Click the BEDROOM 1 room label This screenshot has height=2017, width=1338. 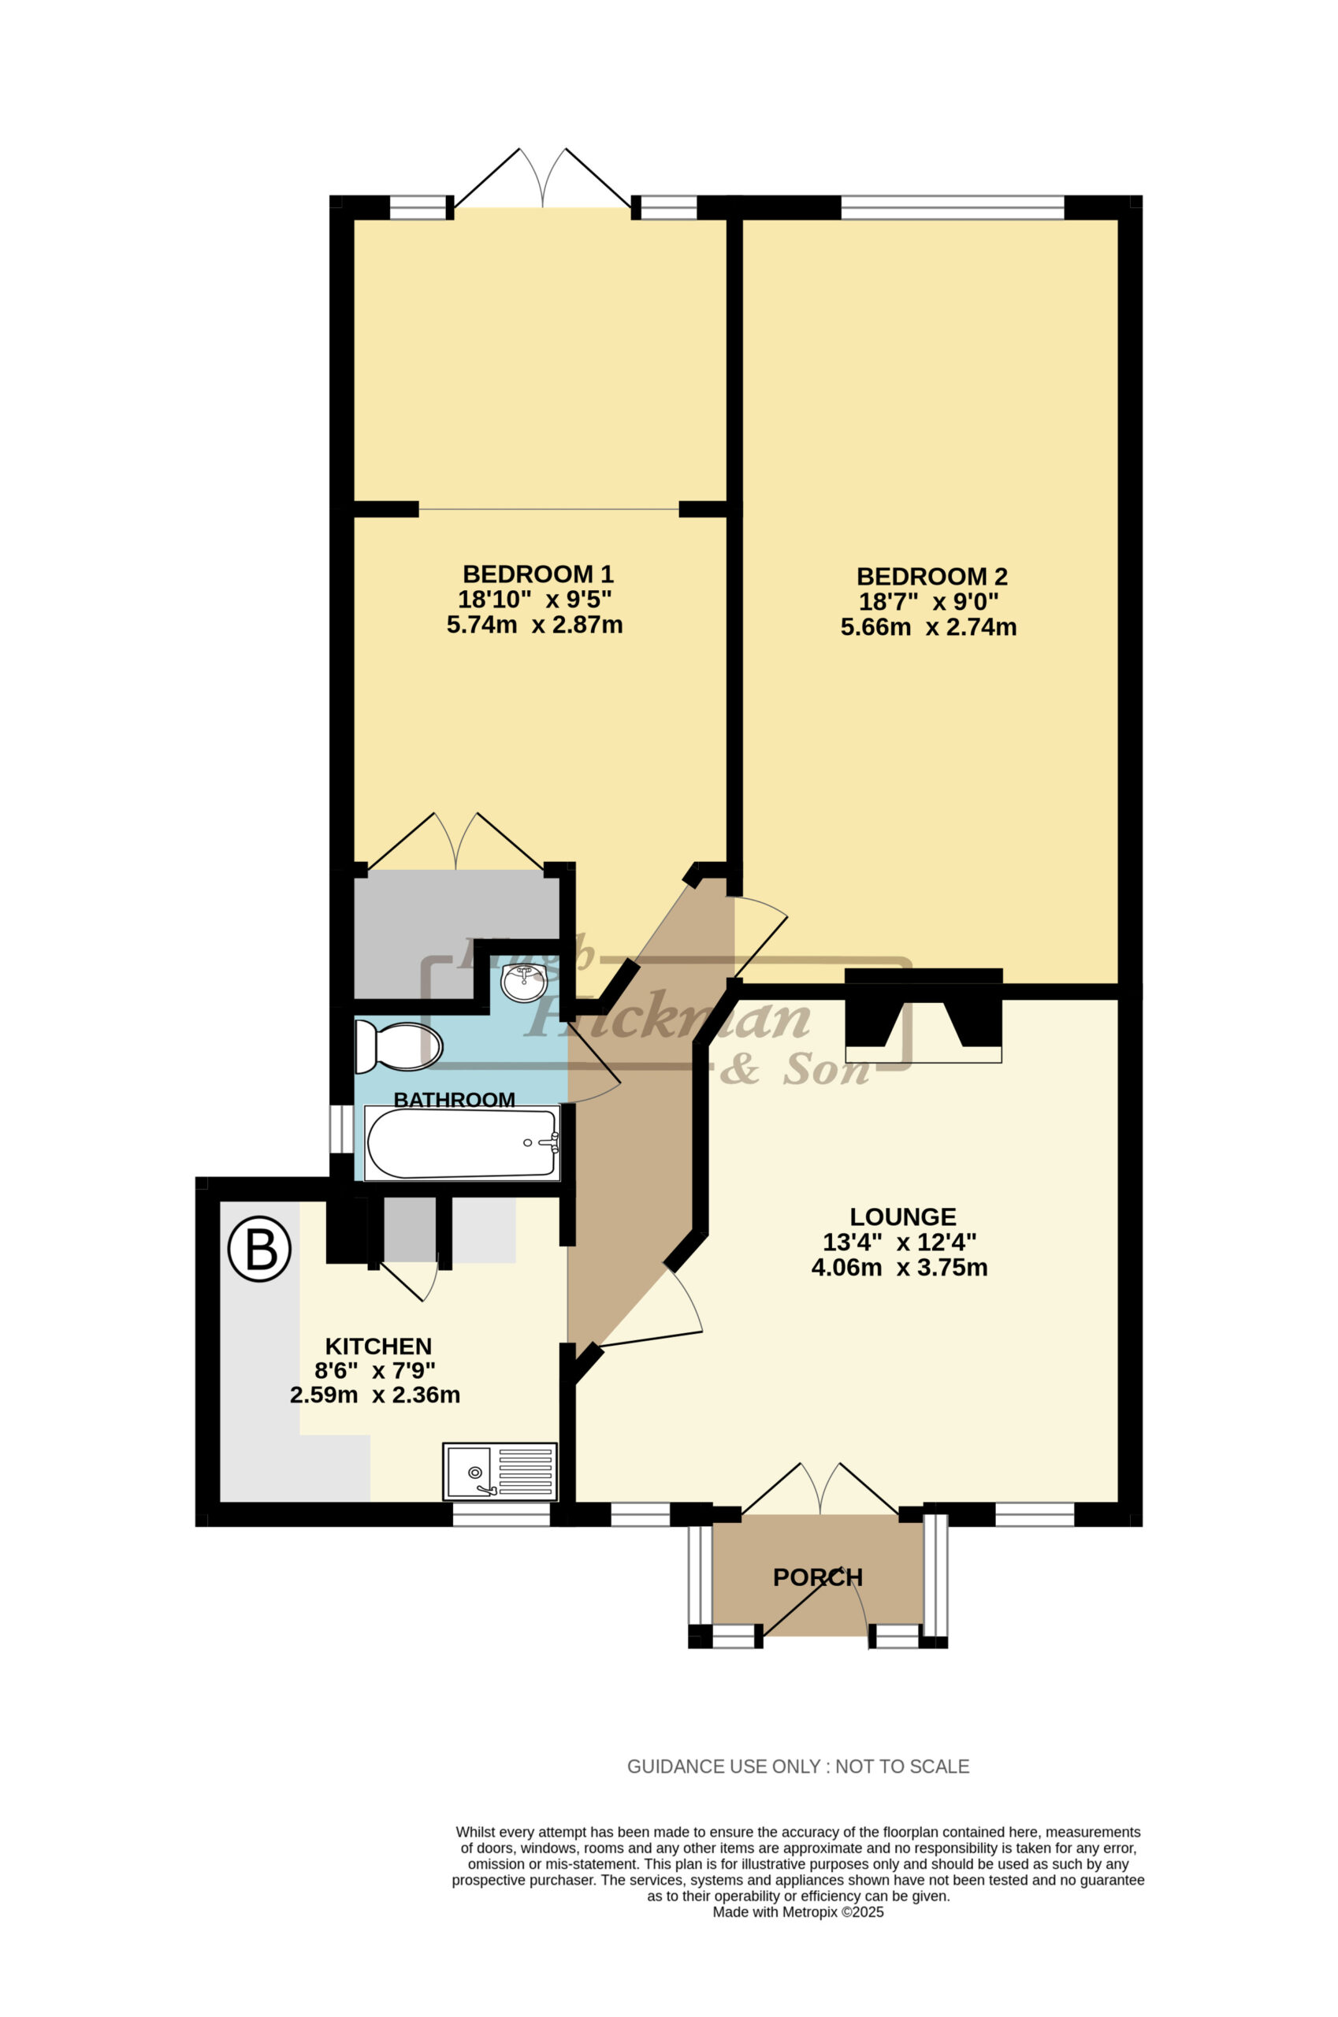tap(537, 574)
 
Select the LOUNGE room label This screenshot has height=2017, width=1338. tap(903, 1217)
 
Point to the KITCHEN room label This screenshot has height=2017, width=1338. tap(379, 1347)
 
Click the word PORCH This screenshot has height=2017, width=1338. tap(817, 1577)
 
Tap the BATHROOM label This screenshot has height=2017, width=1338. tap(454, 1100)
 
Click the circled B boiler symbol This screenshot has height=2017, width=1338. tap(259, 1250)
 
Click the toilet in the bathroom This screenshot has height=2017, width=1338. tap(399, 1047)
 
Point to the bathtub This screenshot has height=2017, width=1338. tap(463, 1143)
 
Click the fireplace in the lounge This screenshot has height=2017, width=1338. tap(924, 1016)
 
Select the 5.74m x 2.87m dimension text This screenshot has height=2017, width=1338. tap(535, 626)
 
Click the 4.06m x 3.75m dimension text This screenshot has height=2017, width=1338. tap(899, 1267)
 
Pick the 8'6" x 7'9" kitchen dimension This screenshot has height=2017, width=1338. tap(375, 1371)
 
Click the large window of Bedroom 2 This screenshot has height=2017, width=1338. tap(953, 207)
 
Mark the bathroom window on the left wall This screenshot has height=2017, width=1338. tap(341, 1129)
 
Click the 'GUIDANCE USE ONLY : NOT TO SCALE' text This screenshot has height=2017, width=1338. tap(798, 1766)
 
